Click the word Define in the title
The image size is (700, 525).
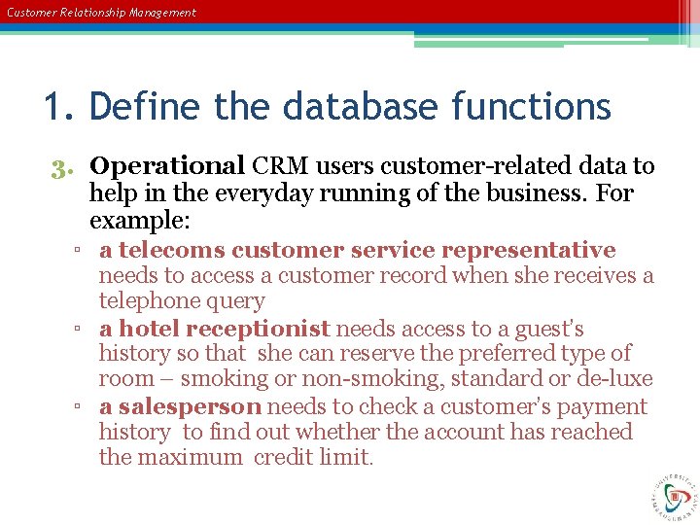click(147, 106)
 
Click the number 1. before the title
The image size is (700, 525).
click(60, 106)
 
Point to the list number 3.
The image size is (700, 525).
click(64, 167)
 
